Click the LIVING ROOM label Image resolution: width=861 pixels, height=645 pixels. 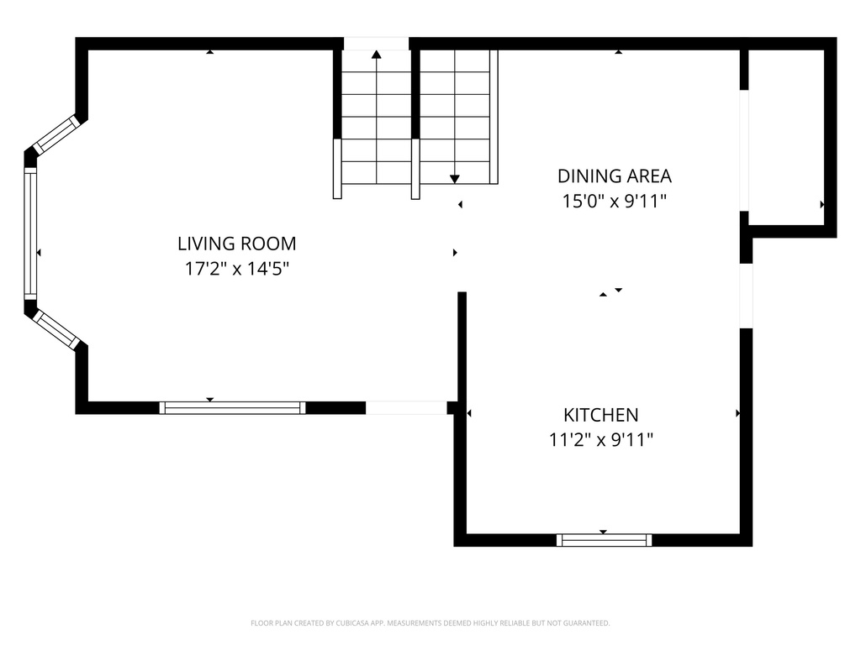(x=236, y=244)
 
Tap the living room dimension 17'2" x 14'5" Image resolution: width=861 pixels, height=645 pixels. (x=236, y=269)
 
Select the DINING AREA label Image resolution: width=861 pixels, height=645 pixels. (x=615, y=176)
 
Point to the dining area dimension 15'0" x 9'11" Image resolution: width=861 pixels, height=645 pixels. (x=615, y=202)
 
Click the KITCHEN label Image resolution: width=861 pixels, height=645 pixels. (x=600, y=414)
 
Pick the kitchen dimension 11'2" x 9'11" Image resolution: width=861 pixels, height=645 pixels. (x=600, y=439)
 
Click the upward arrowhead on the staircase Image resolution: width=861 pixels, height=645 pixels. (x=376, y=55)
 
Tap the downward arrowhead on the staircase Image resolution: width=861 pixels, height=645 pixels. (x=454, y=178)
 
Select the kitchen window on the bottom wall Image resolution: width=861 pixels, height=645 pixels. (x=604, y=540)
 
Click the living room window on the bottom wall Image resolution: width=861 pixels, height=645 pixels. (x=232, y=408)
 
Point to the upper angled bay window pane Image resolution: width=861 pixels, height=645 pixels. (x=56, y=134)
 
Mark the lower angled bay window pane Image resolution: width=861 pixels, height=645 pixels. (x=56, y=329)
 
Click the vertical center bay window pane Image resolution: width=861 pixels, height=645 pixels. (x=30, y=233)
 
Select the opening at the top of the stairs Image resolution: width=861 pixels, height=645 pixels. (x=376, y=44)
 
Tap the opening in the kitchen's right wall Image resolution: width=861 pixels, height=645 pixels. (x=746, y=296)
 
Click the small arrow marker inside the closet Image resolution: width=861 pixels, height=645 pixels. (x=821, y=204)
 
